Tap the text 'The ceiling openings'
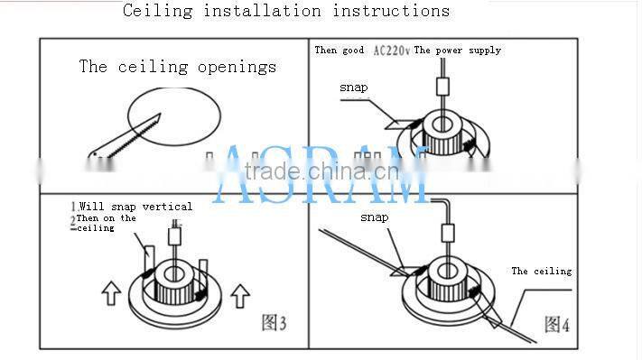point(177,66)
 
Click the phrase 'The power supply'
point(457,51)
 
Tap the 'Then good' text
point(339,51)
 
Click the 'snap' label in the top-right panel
point(353,88)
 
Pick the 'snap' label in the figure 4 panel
point(374,217)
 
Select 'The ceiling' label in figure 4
point(541,271)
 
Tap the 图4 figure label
point(557,323)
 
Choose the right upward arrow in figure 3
point(239,294)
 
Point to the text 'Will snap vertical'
point(135,207)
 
